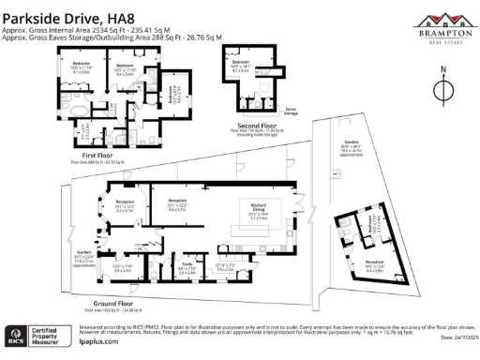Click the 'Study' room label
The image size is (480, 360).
click(x=187, y=266)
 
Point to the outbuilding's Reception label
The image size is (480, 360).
click(x=375, y=265)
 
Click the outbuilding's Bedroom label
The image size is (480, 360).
click(x=372, y=228)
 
